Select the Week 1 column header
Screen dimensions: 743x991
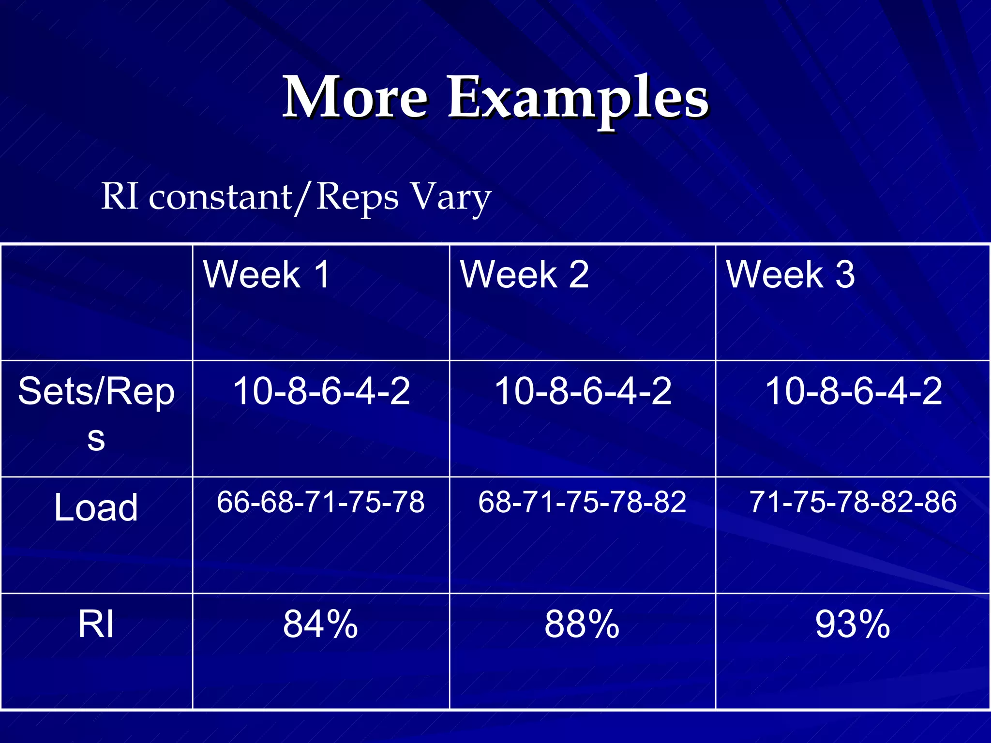pos(267,274)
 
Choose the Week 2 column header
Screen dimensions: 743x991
pos(524,274)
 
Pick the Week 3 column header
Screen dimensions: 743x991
pos(790,274)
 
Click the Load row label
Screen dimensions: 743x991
pos(96,507)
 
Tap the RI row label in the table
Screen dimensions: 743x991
pos(96,624)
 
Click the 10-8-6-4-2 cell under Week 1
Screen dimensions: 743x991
pos(321,391)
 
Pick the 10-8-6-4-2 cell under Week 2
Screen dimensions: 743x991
pos(583,391)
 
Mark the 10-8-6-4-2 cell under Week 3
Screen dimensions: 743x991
pos(853,391)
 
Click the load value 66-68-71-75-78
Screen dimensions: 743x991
pos(320,502)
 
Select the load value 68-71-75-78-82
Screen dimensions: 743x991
pos(582,502)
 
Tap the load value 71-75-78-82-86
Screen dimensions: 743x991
pos(853,502)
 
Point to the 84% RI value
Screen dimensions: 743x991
pos(320,624)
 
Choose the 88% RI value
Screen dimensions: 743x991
pos(582,624)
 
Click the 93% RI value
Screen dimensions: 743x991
pos(853,624)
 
